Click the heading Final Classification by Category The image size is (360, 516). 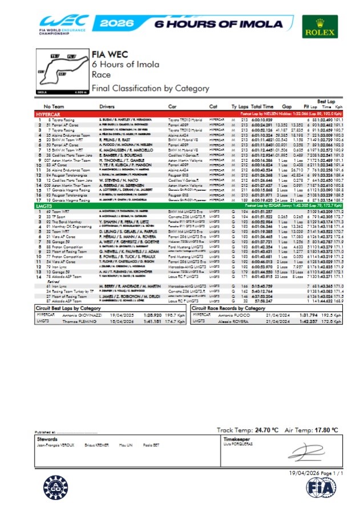pyautogui.click(x=150, y=89)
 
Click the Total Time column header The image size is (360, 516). pyautogui.click(x=262, y=106)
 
